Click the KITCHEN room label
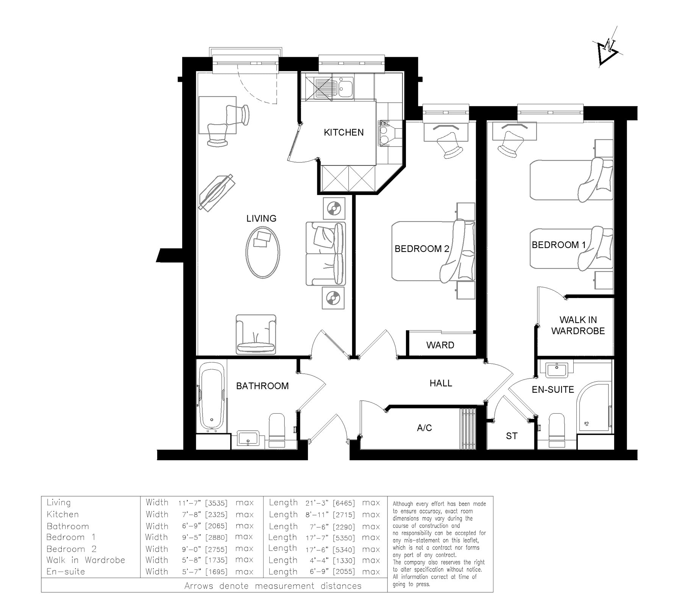tap(343, 132)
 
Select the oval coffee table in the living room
tap(263, 253)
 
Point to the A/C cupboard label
tap(424, 428)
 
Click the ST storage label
tap(512, 436)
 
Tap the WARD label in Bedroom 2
tap(440, 345)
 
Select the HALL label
tap(441, 383)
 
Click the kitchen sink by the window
tap(334, 88)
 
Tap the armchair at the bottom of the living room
tap(256, 334)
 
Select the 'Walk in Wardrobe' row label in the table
tap(86, 560)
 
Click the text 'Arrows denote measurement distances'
tap(273, 586)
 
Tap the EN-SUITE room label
tap(553, 389)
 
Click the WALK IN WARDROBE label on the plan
tap(578, 325)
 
